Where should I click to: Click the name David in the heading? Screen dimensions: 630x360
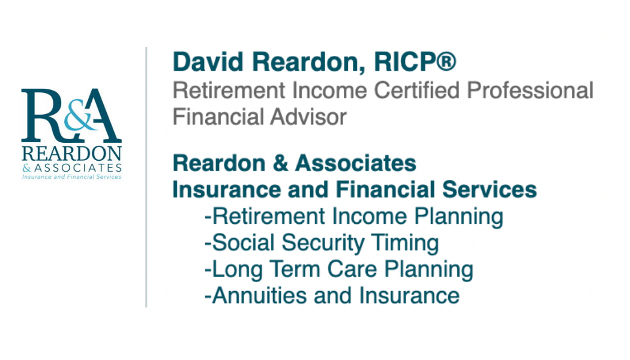point(208,62)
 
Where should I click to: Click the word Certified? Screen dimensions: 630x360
point(416,90)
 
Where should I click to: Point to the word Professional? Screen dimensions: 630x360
point(530,90)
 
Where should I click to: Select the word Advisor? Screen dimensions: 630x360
point(308,117)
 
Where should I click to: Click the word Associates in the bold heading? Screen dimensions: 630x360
point(356,163)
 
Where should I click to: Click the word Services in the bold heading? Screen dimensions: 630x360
point(490,190)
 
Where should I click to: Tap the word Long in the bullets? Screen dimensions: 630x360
point(237,270)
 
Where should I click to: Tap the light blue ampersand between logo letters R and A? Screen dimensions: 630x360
point(80,118)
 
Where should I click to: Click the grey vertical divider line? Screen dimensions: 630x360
point(146,177)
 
